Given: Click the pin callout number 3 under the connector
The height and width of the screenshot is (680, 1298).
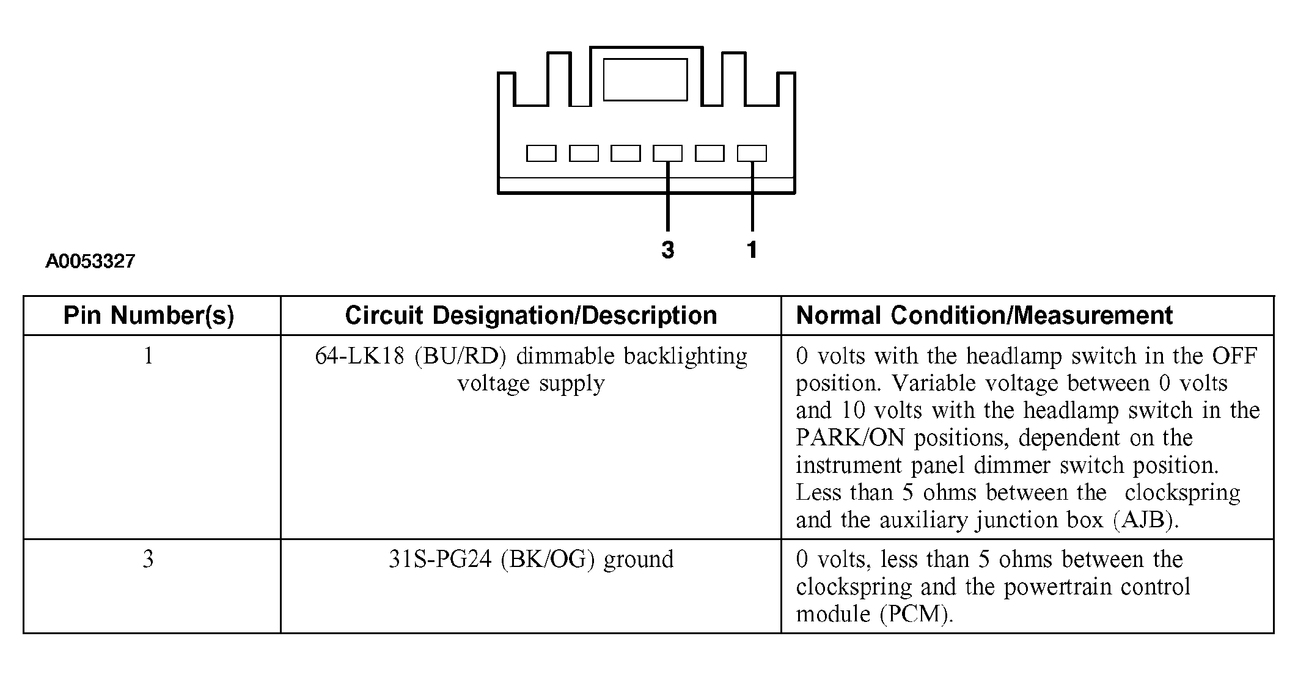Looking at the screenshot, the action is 668,249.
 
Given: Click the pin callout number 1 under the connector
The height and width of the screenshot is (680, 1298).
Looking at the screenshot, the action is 752,249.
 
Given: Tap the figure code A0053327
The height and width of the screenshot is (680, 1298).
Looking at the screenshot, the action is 90,261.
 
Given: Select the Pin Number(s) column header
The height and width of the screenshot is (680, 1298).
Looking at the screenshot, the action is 149,315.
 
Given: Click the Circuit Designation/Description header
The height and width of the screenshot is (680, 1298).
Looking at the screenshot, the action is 531,315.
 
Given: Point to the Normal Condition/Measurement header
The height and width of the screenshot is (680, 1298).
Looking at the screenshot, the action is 985,315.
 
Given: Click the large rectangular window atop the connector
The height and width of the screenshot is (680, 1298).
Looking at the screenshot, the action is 645,79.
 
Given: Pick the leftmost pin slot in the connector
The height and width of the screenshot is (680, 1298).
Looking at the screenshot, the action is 541,153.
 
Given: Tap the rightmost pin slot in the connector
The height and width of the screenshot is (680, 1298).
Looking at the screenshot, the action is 752,153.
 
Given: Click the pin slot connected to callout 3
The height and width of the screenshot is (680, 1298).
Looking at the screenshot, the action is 667,153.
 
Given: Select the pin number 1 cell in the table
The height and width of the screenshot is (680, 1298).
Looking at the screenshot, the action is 148,356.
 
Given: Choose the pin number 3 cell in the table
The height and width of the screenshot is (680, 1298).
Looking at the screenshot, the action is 148,559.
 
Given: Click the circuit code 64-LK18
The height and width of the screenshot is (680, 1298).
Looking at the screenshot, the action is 360,356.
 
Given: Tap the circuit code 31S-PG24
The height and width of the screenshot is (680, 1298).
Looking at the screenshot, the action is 440,559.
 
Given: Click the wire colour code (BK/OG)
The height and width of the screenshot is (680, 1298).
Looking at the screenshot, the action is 548,560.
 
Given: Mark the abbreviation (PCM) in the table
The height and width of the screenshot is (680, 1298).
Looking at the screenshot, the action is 917,614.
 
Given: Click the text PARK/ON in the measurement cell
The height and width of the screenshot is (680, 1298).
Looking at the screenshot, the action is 850,437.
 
